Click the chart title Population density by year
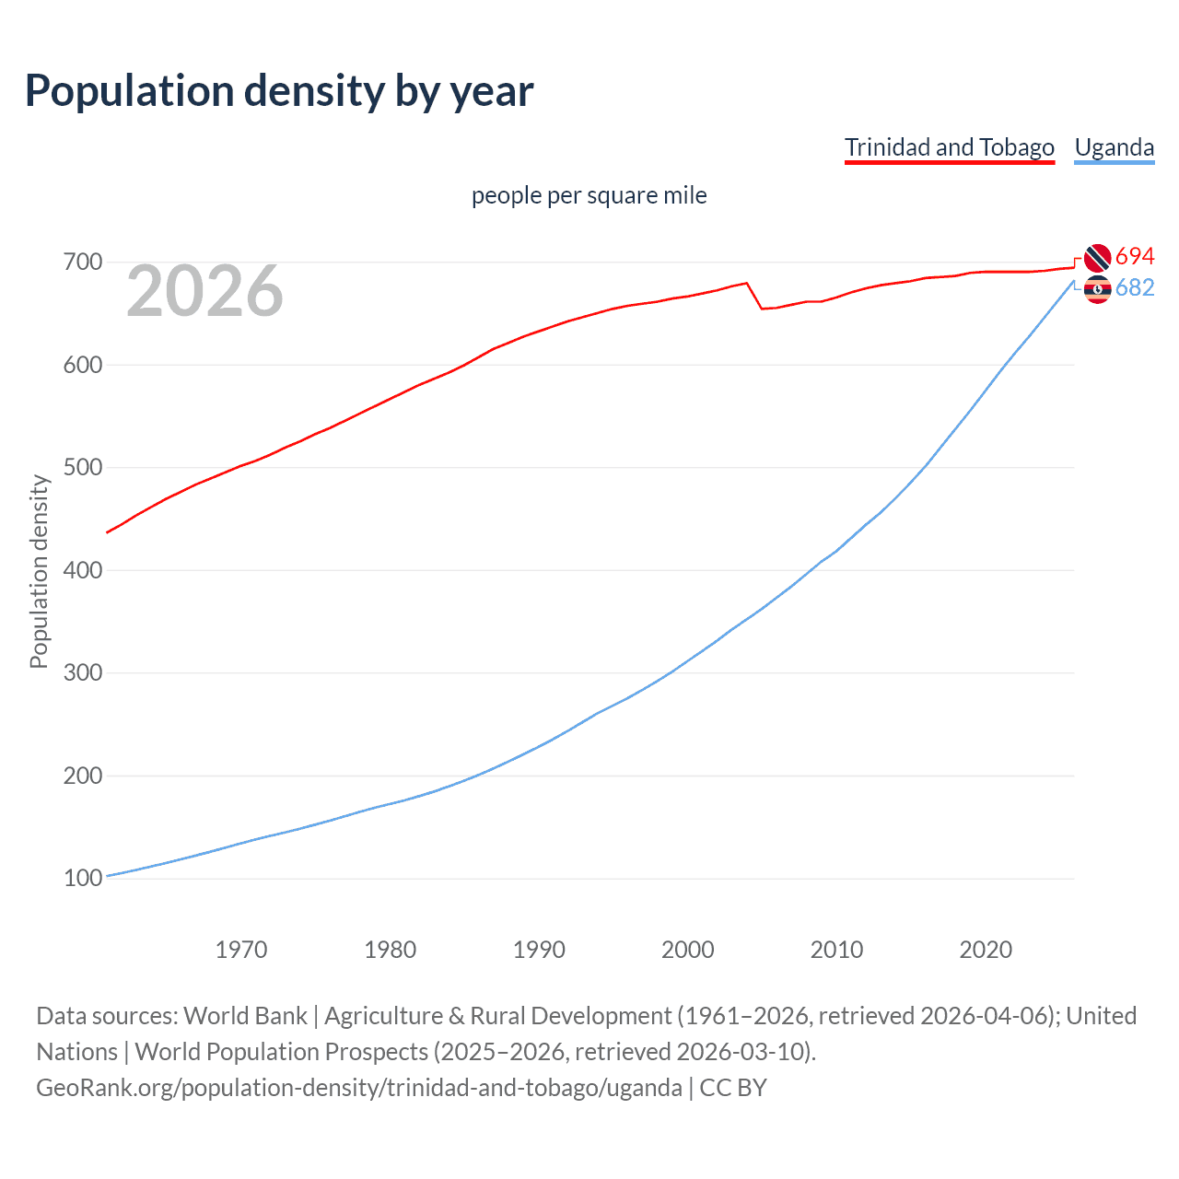coord(279,91)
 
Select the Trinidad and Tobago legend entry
coord(949,147)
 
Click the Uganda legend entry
coord(1114,147)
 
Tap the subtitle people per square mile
coord(589,195)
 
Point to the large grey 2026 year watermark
coord(204,291)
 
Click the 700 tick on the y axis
coord(82,263)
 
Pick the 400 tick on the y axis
coord(82,570)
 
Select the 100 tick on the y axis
coord(82,878)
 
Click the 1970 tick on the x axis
coord(241,950)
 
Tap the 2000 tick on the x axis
coord(687,950)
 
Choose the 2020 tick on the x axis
coord(986,950)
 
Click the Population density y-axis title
coord(39,571)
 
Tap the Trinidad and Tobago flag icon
coord(1097,258)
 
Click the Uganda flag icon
coord(1097,289)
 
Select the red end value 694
coord(1135,256)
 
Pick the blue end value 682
coord(1135,288)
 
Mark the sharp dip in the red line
coord(762,308)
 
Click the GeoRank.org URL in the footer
coord(358,1088)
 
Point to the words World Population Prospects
coord(281,1052)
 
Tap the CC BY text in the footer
coord(733,1088)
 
